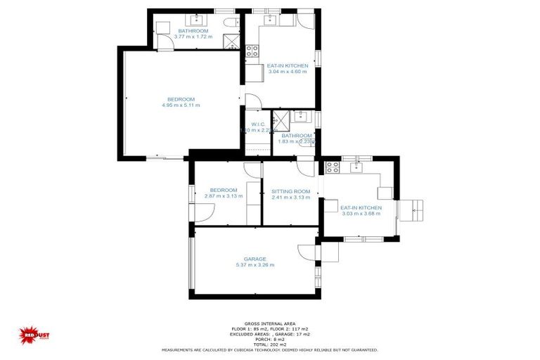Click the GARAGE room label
tap(255, 259)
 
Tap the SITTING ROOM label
tap(290, 191)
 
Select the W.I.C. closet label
tap(257, 124)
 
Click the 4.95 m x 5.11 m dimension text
tap(181, 105)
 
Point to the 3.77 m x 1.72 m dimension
tap(192, 37)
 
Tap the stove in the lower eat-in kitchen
tap(331, 167)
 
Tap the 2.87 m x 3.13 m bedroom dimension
tap(223, 196)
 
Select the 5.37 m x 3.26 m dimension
tap(255, 265)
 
